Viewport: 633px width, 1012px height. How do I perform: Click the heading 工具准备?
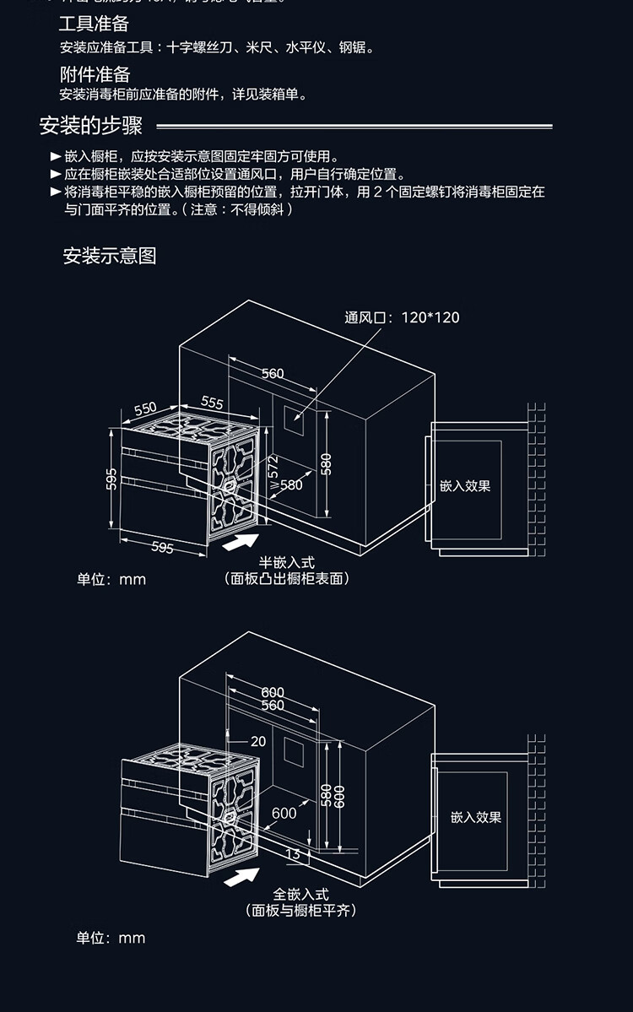point(94,24)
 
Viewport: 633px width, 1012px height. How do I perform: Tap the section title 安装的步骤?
point(91,127)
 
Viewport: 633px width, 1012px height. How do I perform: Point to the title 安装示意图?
point(110,256)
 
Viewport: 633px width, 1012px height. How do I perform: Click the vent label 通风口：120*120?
point(402,317)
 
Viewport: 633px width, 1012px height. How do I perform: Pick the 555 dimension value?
point(212,403)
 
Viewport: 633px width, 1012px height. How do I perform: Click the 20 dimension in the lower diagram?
point(257,741)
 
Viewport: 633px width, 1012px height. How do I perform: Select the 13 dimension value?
point(293,854)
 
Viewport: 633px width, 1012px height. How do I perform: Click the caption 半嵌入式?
point(286,562)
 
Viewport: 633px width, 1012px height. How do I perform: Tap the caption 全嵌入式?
point(300,894)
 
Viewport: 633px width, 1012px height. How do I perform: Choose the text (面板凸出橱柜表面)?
point(287,578)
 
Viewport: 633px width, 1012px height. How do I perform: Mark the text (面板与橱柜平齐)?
point(300,910)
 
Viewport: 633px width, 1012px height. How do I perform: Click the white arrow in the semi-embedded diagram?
point(241,542)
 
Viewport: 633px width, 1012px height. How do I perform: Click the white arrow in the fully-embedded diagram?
point(241,875)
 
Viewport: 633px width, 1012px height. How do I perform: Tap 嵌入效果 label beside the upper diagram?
point(464,486)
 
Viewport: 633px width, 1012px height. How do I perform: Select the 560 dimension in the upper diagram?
point(272,373)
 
